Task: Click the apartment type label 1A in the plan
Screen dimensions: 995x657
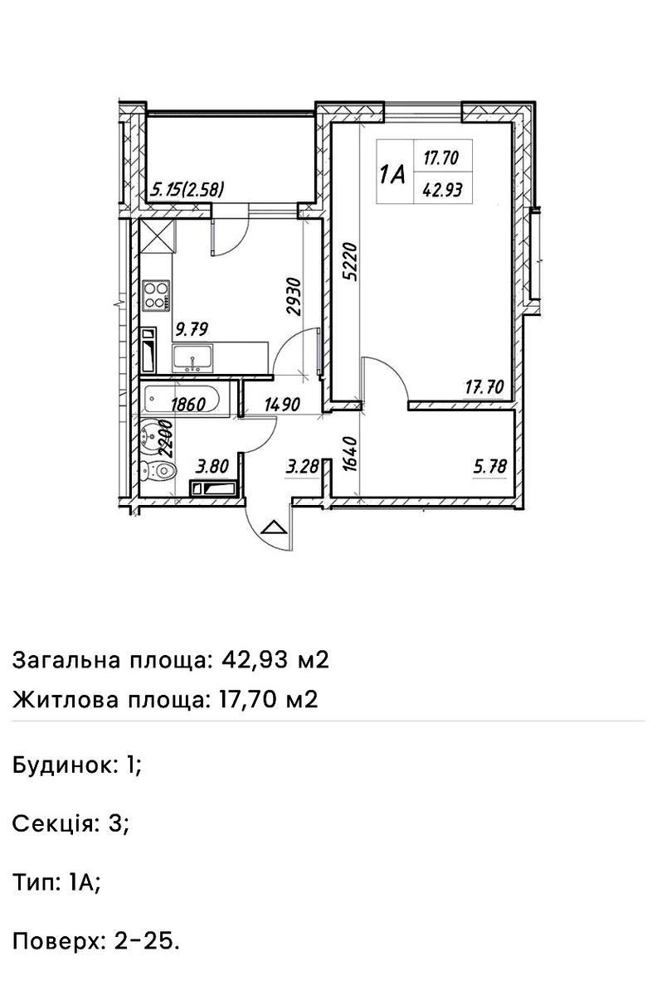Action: (x=392, y=174)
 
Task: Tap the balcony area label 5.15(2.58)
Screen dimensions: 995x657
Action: (x=187, y=190)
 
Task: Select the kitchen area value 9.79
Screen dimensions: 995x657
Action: (x=191, y=329)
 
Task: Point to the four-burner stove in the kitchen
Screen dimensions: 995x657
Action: (x=156, y=294)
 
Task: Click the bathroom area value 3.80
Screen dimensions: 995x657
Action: (x=211, y=468)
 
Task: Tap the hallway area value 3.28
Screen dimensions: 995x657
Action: (x=302, y=468)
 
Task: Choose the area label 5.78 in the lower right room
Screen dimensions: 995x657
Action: (x=489, y=468)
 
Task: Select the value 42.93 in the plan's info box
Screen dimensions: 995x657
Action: (x=442, y=187)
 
